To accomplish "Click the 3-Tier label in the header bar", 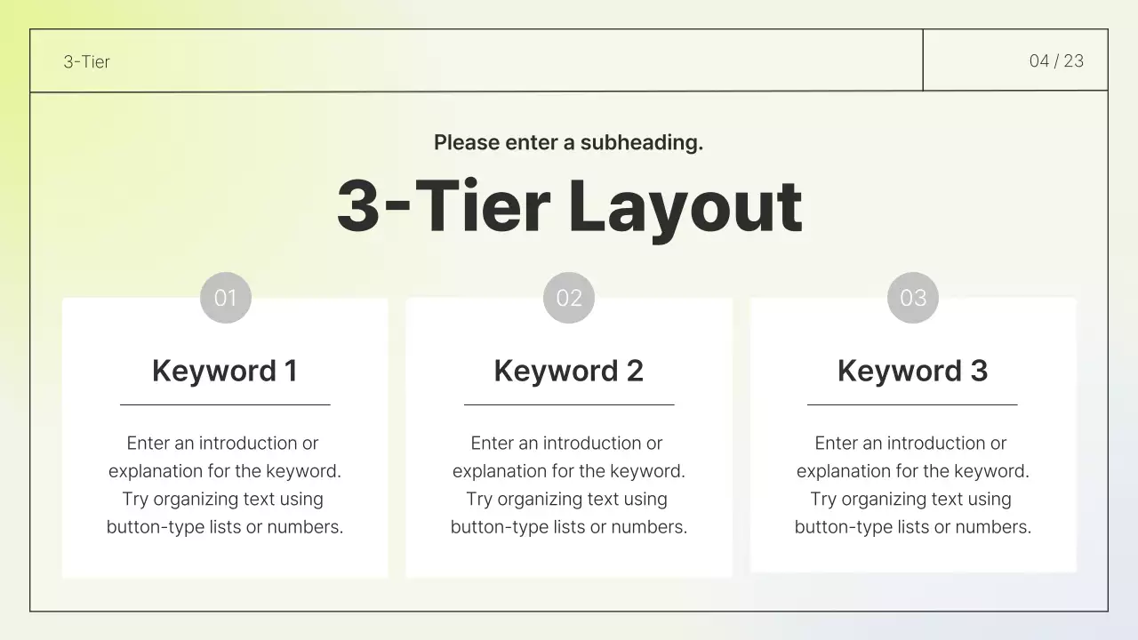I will [x=86, y=61].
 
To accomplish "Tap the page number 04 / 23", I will [x=1056, y=60].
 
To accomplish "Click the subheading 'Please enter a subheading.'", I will [x=568, y=142].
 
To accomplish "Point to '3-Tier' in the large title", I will [x=443, y=207].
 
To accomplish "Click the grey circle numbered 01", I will [x=226, y=298].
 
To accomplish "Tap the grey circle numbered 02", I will [x=569, y=298].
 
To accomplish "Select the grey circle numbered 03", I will [x=913, y=298].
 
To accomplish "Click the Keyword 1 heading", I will [x=225, y=371].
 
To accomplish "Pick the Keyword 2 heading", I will [x=569, y=371].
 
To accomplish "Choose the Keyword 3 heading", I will [x=912, y=371].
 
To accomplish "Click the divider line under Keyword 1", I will [x=225, y=404].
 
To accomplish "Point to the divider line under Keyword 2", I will [x=569, y=404].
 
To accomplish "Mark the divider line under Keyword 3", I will [x=912, y=404].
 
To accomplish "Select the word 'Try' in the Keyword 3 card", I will [x=823, y=499].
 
